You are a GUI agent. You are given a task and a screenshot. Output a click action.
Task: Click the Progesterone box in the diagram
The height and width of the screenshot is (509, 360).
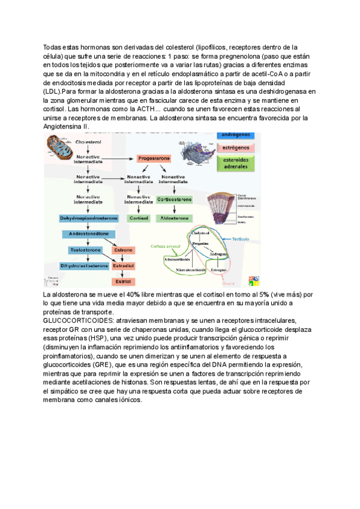[154, 158]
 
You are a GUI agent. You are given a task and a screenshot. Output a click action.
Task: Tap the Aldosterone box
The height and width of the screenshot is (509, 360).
[174, 218]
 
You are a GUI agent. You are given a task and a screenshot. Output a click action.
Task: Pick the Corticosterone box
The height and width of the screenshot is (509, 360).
[174, 199]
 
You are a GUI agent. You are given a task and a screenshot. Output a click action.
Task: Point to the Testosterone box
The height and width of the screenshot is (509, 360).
[85, 250]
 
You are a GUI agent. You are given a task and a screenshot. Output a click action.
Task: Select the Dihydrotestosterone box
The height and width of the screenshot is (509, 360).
[84, 265]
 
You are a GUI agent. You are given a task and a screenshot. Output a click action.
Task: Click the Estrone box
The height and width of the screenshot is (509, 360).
[123, 250]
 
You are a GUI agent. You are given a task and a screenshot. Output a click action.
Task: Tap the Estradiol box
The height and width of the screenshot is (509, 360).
[123, 265]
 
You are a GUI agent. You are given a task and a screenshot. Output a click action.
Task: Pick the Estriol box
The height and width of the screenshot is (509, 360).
[123, 281]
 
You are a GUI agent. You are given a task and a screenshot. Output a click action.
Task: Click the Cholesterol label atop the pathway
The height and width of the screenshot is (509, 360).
[88, 142]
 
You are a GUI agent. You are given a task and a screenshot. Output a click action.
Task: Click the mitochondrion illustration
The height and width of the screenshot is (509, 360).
[58, 148]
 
